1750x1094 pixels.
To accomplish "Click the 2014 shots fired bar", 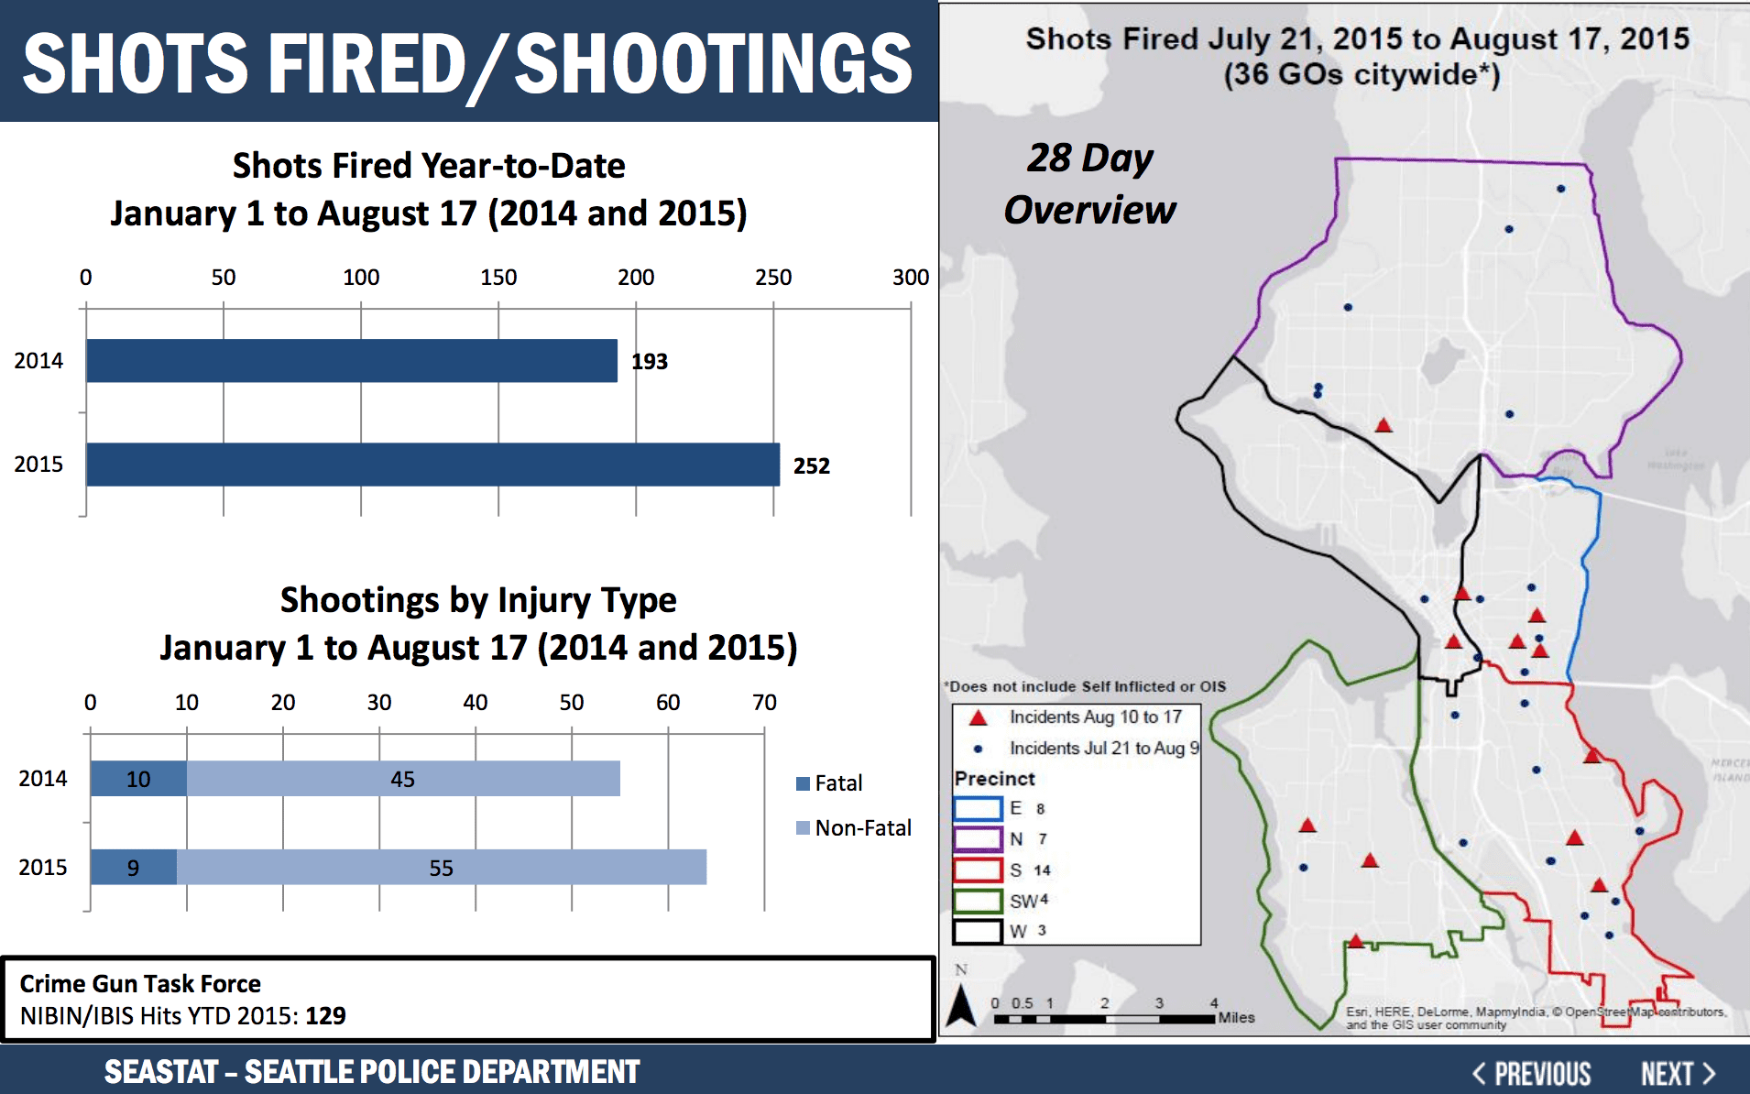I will [x=352, y=361].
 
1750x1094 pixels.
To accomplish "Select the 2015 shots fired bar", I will [x=432, y=465].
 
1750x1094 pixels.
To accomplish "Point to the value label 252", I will [x=811, y=466].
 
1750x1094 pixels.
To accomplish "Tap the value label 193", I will [x=650, y=362].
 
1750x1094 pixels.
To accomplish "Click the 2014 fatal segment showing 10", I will [x=138, y=779].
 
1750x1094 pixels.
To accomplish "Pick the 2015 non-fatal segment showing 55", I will [x=441, y=868].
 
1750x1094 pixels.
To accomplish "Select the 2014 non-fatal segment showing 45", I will [x=403, y=779].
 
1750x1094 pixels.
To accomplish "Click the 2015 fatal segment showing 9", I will [x=134, y=868].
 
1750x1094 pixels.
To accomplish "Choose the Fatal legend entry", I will [x=829, y=783].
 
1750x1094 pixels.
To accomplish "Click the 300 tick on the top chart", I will [x=910, y=278].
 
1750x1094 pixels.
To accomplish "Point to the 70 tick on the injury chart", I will [x=764, y=703].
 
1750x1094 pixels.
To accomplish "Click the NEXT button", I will [x=1677, y=1073].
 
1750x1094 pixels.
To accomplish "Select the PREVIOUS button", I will [x=1532, y=1073].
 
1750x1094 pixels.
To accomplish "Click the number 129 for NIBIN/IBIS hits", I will [x=325, y=1016].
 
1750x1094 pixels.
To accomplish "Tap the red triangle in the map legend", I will [x=978, y=717].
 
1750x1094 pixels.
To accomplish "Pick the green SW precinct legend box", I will [x=978, y=901].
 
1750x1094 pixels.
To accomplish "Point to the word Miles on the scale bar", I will [x=1236, y=1018].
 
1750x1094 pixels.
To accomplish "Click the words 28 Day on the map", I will [x=1089, y=159].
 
